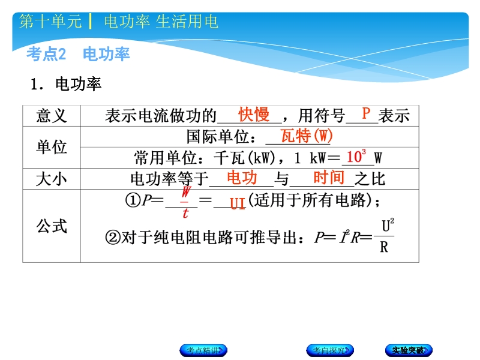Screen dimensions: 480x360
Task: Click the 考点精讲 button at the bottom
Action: pyautogui.click(x=203, y=350)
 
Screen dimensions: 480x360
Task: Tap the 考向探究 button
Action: pyautogui.click(x=330, y=350)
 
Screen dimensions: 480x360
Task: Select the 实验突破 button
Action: pyautogui.click(x=409, y=350)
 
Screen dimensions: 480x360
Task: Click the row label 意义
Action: pyautogui.click(x=52, y=116)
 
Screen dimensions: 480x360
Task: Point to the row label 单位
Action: pyautogui.click(x=52, y=147)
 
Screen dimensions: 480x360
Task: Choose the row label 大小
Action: pyautogui.click(x=52, y=179)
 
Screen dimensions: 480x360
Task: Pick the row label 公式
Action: pyautogui.click(x=52, y=226)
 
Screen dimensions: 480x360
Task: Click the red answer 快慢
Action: pyautogui.click(x=254, y=115)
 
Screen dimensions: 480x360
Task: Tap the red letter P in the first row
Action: pyautogui.click(x=366, y=113)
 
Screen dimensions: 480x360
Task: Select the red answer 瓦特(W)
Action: pyautogui.click(x=307, y=136)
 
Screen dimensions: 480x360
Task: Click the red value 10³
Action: pyautogui.click(x=356, y=157)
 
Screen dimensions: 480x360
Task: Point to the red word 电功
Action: pyautogui.click(x=242, y=178)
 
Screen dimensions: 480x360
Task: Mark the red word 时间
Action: pyautogui.click(x=329, y=178)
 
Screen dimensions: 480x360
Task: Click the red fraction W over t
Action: pyautogui.click(x=185, y=202)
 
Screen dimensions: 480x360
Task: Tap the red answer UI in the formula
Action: pyautogui.click(x=238, y=203)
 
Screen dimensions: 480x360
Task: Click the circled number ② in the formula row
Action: pyautogui.click(x=113, y=237)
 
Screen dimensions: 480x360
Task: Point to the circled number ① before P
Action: pyautogui.click(x=133, y=200)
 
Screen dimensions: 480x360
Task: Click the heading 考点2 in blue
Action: pyautogui.click(x=46, y=54)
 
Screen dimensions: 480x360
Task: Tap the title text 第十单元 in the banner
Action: pyautogui.click(x=50, y=22)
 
